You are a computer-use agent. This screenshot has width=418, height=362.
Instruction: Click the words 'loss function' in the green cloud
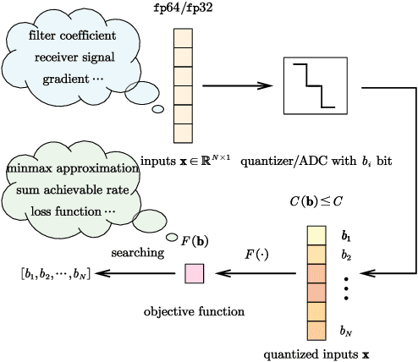pos(70,210)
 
